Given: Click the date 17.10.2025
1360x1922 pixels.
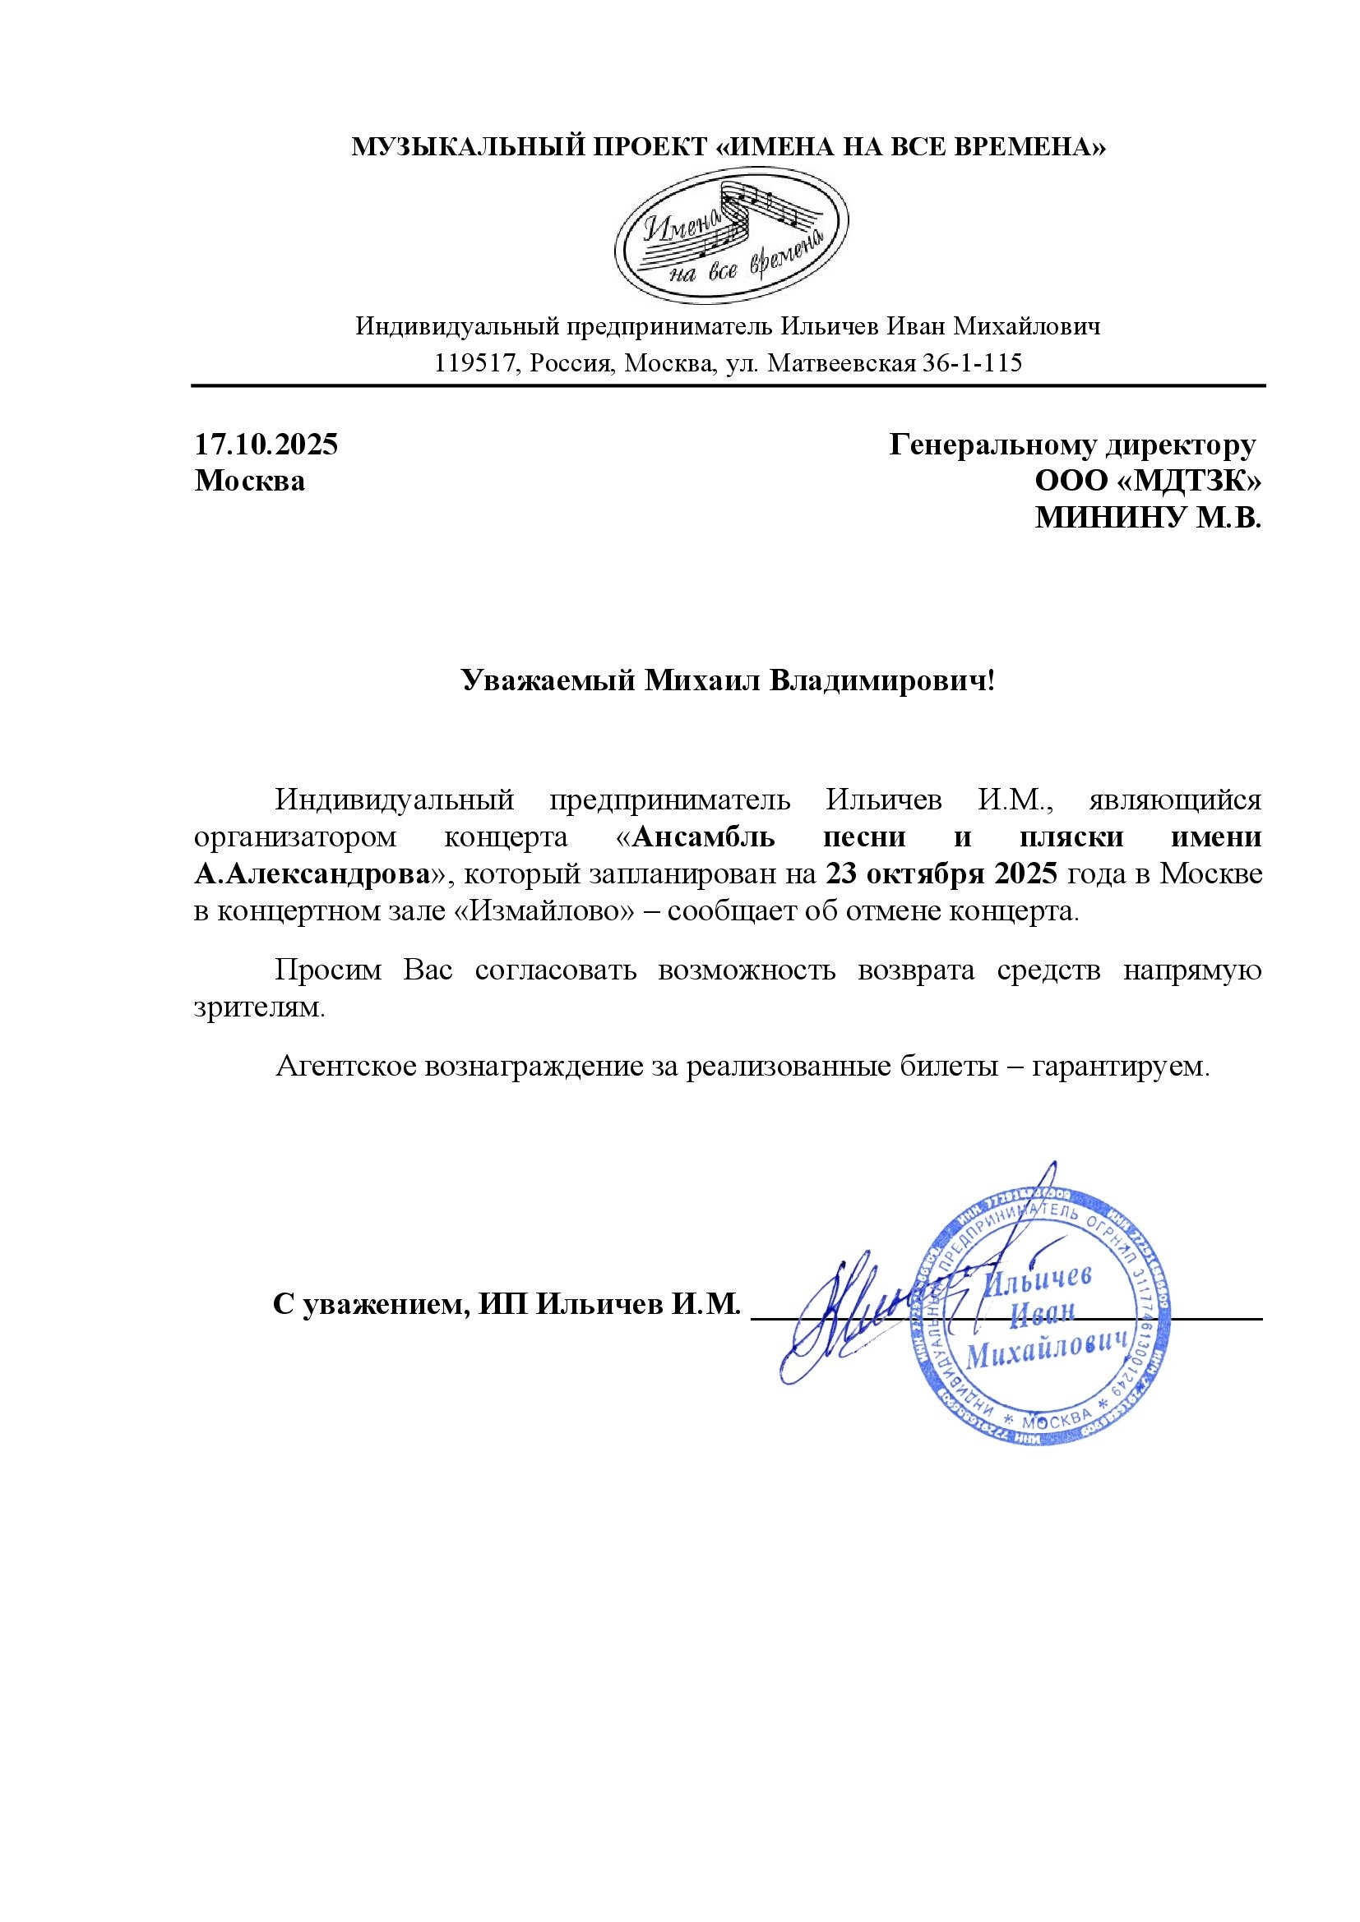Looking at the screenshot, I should pos(266,445).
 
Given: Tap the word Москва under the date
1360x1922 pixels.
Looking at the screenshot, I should pos(250,482).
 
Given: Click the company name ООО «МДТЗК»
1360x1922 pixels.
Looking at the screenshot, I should pos(1148,482).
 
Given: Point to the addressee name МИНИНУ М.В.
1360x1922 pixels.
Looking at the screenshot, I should pos(1147,519).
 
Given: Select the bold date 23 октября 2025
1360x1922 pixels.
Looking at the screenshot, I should pos(942,874).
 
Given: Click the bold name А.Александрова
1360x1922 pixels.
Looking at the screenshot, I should pos(311,874).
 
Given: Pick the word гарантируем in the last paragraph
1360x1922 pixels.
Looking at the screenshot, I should pos(1121,1067).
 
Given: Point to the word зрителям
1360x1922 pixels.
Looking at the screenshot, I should pos(258,1008).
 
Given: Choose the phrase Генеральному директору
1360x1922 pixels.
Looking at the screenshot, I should pos(1072,445).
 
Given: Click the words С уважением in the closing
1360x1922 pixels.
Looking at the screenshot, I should pos(370,1304).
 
